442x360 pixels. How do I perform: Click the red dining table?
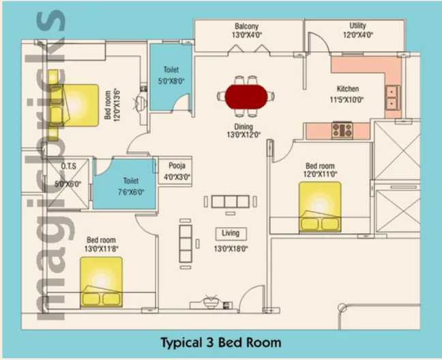246,96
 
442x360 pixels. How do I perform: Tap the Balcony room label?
247,27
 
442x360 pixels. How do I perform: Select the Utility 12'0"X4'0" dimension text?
358,35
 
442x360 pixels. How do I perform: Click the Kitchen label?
348,89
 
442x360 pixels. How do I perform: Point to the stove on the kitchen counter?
342,130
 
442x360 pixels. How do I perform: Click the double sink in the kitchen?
392,97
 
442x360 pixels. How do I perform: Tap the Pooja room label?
177,166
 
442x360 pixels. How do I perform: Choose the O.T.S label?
68,166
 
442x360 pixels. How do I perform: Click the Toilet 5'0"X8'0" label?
171,75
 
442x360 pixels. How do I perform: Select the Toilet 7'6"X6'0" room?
125,184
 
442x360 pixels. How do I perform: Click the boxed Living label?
231,233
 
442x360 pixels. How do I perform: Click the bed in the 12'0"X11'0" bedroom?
320,207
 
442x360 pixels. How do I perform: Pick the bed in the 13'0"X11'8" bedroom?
101,282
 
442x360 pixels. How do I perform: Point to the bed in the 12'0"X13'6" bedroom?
74,105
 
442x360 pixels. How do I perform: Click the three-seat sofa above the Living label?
231,202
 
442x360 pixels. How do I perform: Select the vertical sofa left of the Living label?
186,243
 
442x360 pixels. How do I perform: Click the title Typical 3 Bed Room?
221,342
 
